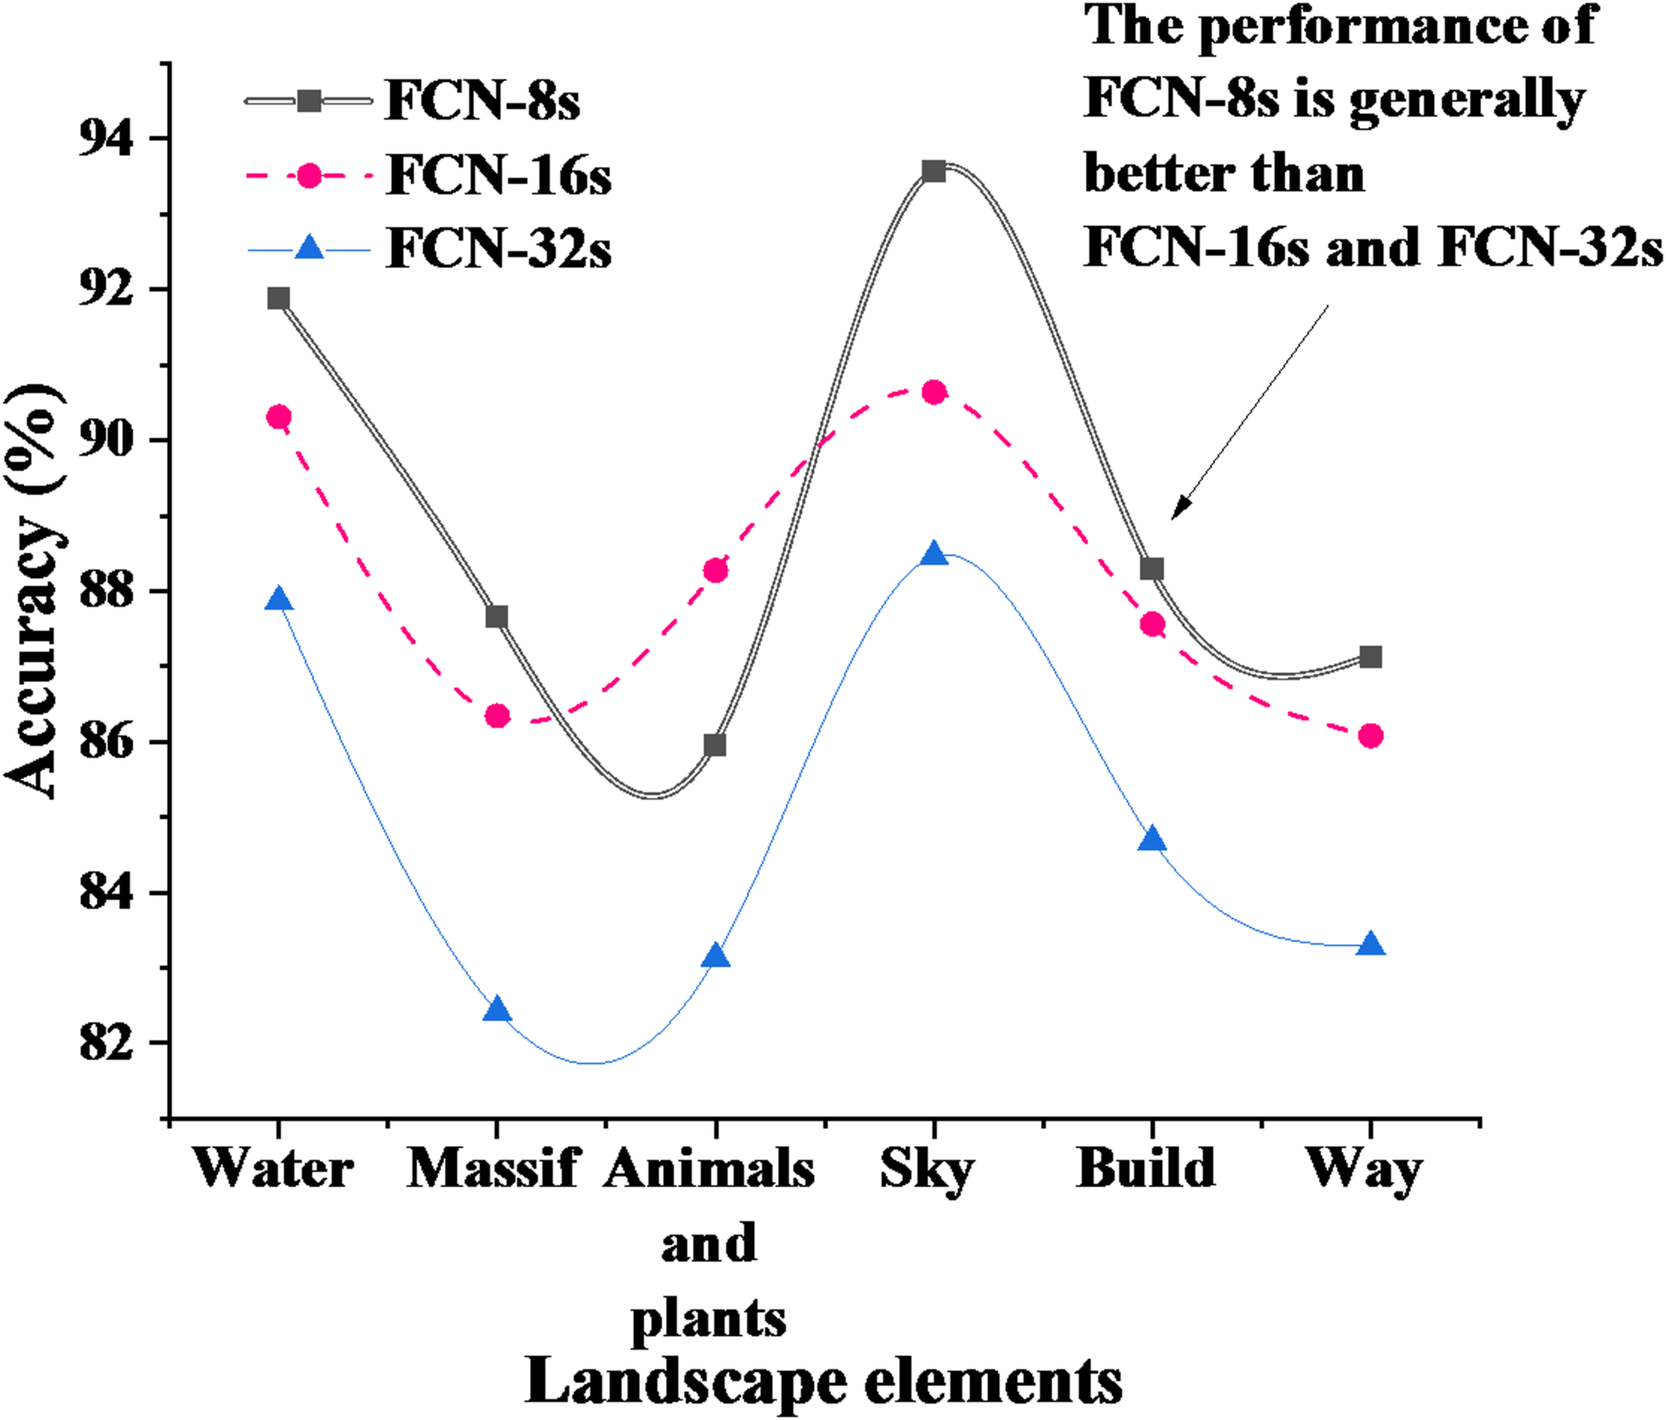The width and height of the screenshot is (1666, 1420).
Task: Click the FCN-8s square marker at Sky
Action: [x=933, y=171]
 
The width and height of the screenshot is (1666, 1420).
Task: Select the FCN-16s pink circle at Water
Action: [x=279, y=417]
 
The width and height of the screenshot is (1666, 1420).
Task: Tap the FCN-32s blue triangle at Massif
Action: [x=496, y=1010]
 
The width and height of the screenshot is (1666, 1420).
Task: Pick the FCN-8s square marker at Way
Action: [x=1371, y=656]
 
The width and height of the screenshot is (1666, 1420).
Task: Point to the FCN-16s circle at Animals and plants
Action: [x=715, y=571]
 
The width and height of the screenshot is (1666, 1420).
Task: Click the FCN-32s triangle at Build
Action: [x=1152, y=840]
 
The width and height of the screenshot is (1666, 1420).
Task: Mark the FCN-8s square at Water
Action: [x=279, y=298]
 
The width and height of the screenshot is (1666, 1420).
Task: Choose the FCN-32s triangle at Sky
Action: [x=933, y=554]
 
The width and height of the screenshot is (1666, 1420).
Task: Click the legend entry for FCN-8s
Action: [x=481, y=102]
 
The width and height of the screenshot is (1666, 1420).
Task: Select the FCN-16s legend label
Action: [x=498, y=176]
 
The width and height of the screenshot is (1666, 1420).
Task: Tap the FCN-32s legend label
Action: [x=498, y=248]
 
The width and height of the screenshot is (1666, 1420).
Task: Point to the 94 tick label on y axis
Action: [x=106, y=138]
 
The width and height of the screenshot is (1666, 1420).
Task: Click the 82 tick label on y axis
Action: [x=106, y=1042]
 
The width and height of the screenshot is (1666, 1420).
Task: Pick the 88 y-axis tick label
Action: [x=106, y=591]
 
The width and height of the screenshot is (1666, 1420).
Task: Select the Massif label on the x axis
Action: [x=492, y=1169]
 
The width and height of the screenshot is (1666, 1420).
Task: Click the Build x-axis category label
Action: [x=1146, y=1169]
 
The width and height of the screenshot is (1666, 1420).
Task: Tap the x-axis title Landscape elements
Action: [x=823, y=1382]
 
